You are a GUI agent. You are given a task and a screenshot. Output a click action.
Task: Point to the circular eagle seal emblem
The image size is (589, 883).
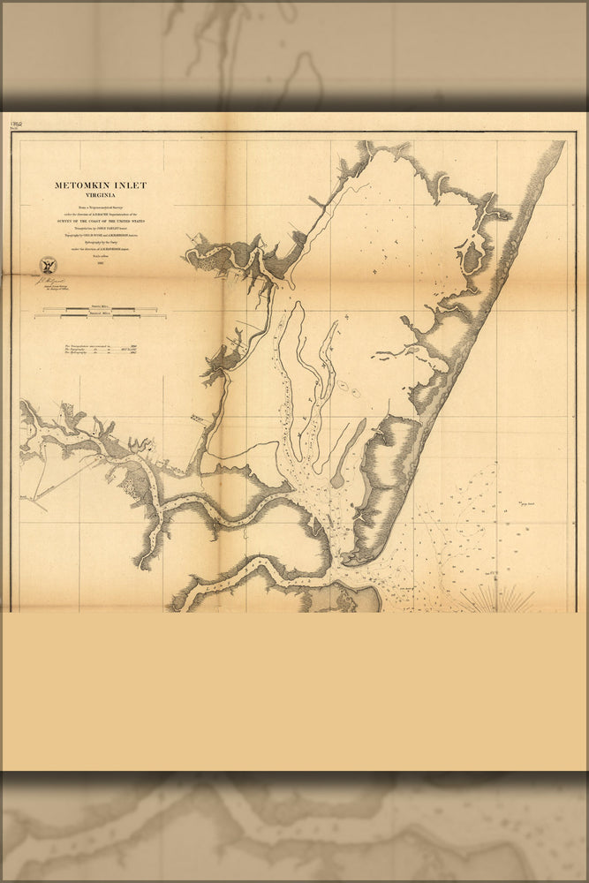pos(47,265)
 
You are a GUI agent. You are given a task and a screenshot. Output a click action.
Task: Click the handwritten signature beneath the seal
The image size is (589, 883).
pos(50,280)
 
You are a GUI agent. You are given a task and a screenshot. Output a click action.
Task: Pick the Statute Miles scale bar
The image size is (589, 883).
pos(95,308)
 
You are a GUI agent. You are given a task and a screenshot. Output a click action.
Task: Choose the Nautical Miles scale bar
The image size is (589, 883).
pos(95,315)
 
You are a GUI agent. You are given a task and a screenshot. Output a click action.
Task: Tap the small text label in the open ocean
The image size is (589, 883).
pos(529,499)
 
